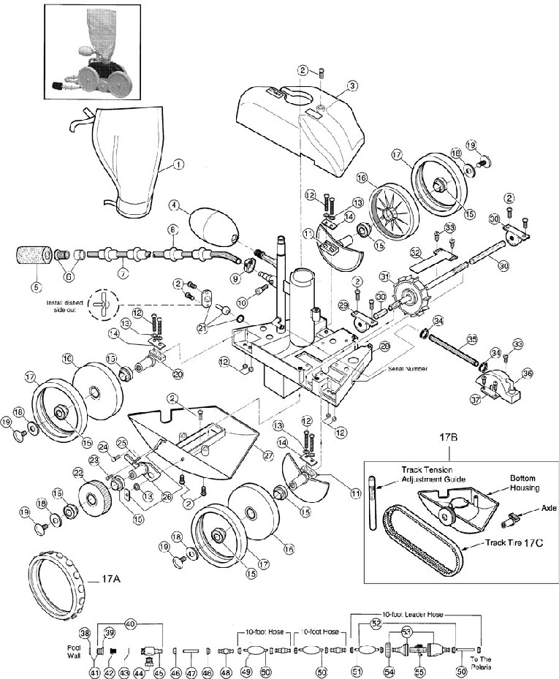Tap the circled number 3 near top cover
(352, 86)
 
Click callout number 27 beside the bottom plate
(267, 455)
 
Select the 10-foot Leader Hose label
(417, 616)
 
